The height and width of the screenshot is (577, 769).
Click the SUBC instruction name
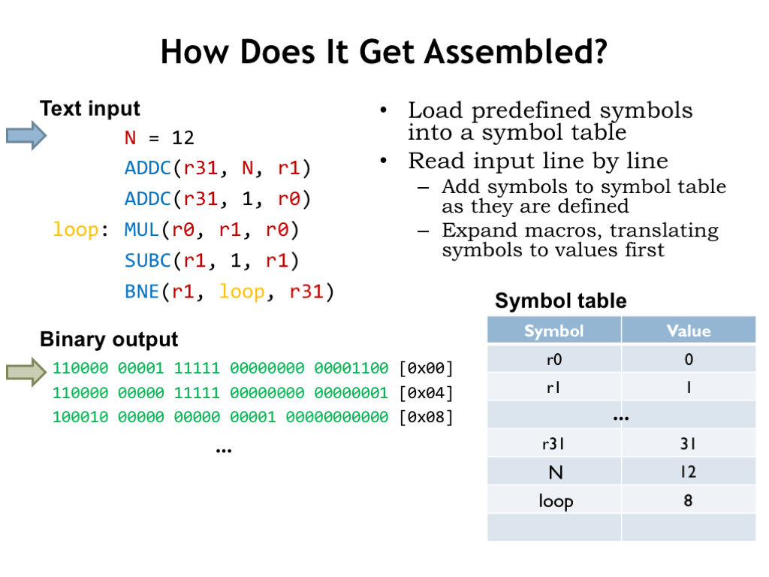pyautogui.click(x=147, y=261)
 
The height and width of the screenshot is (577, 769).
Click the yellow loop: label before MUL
pyautogui.click(x=75, y=229)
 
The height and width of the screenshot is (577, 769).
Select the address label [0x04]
pyautogui.click(x=427, y=393)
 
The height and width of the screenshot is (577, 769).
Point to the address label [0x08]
pyautogui.click(x=427, y=417)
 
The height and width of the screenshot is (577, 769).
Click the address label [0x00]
pyautogui.click(x=427, y=368)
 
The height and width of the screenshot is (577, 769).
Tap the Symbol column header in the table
pyautogui.click(x=553, y=331)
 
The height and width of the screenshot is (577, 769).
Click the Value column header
pyautogui.click(x=688, y=331)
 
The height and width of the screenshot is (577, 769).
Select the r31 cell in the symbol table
pyautogui.click(x=553, y=444)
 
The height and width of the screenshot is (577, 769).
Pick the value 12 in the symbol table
pyautogui.click(x=688, y=472)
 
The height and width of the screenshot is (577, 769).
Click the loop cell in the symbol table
pyautogui.click(x=555, y=500)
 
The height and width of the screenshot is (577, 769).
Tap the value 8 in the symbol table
pyautogui.click(x=688, y=500)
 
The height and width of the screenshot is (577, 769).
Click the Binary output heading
pyautogui.click(x=109, y=340)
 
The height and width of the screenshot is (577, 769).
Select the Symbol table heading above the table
pyautogui.click(x=560, y=301)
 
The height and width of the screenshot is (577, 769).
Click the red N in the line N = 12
pyautogui.click(x=130, y=137)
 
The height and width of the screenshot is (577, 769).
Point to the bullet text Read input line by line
pyautogui.click(x=538, y=161)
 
